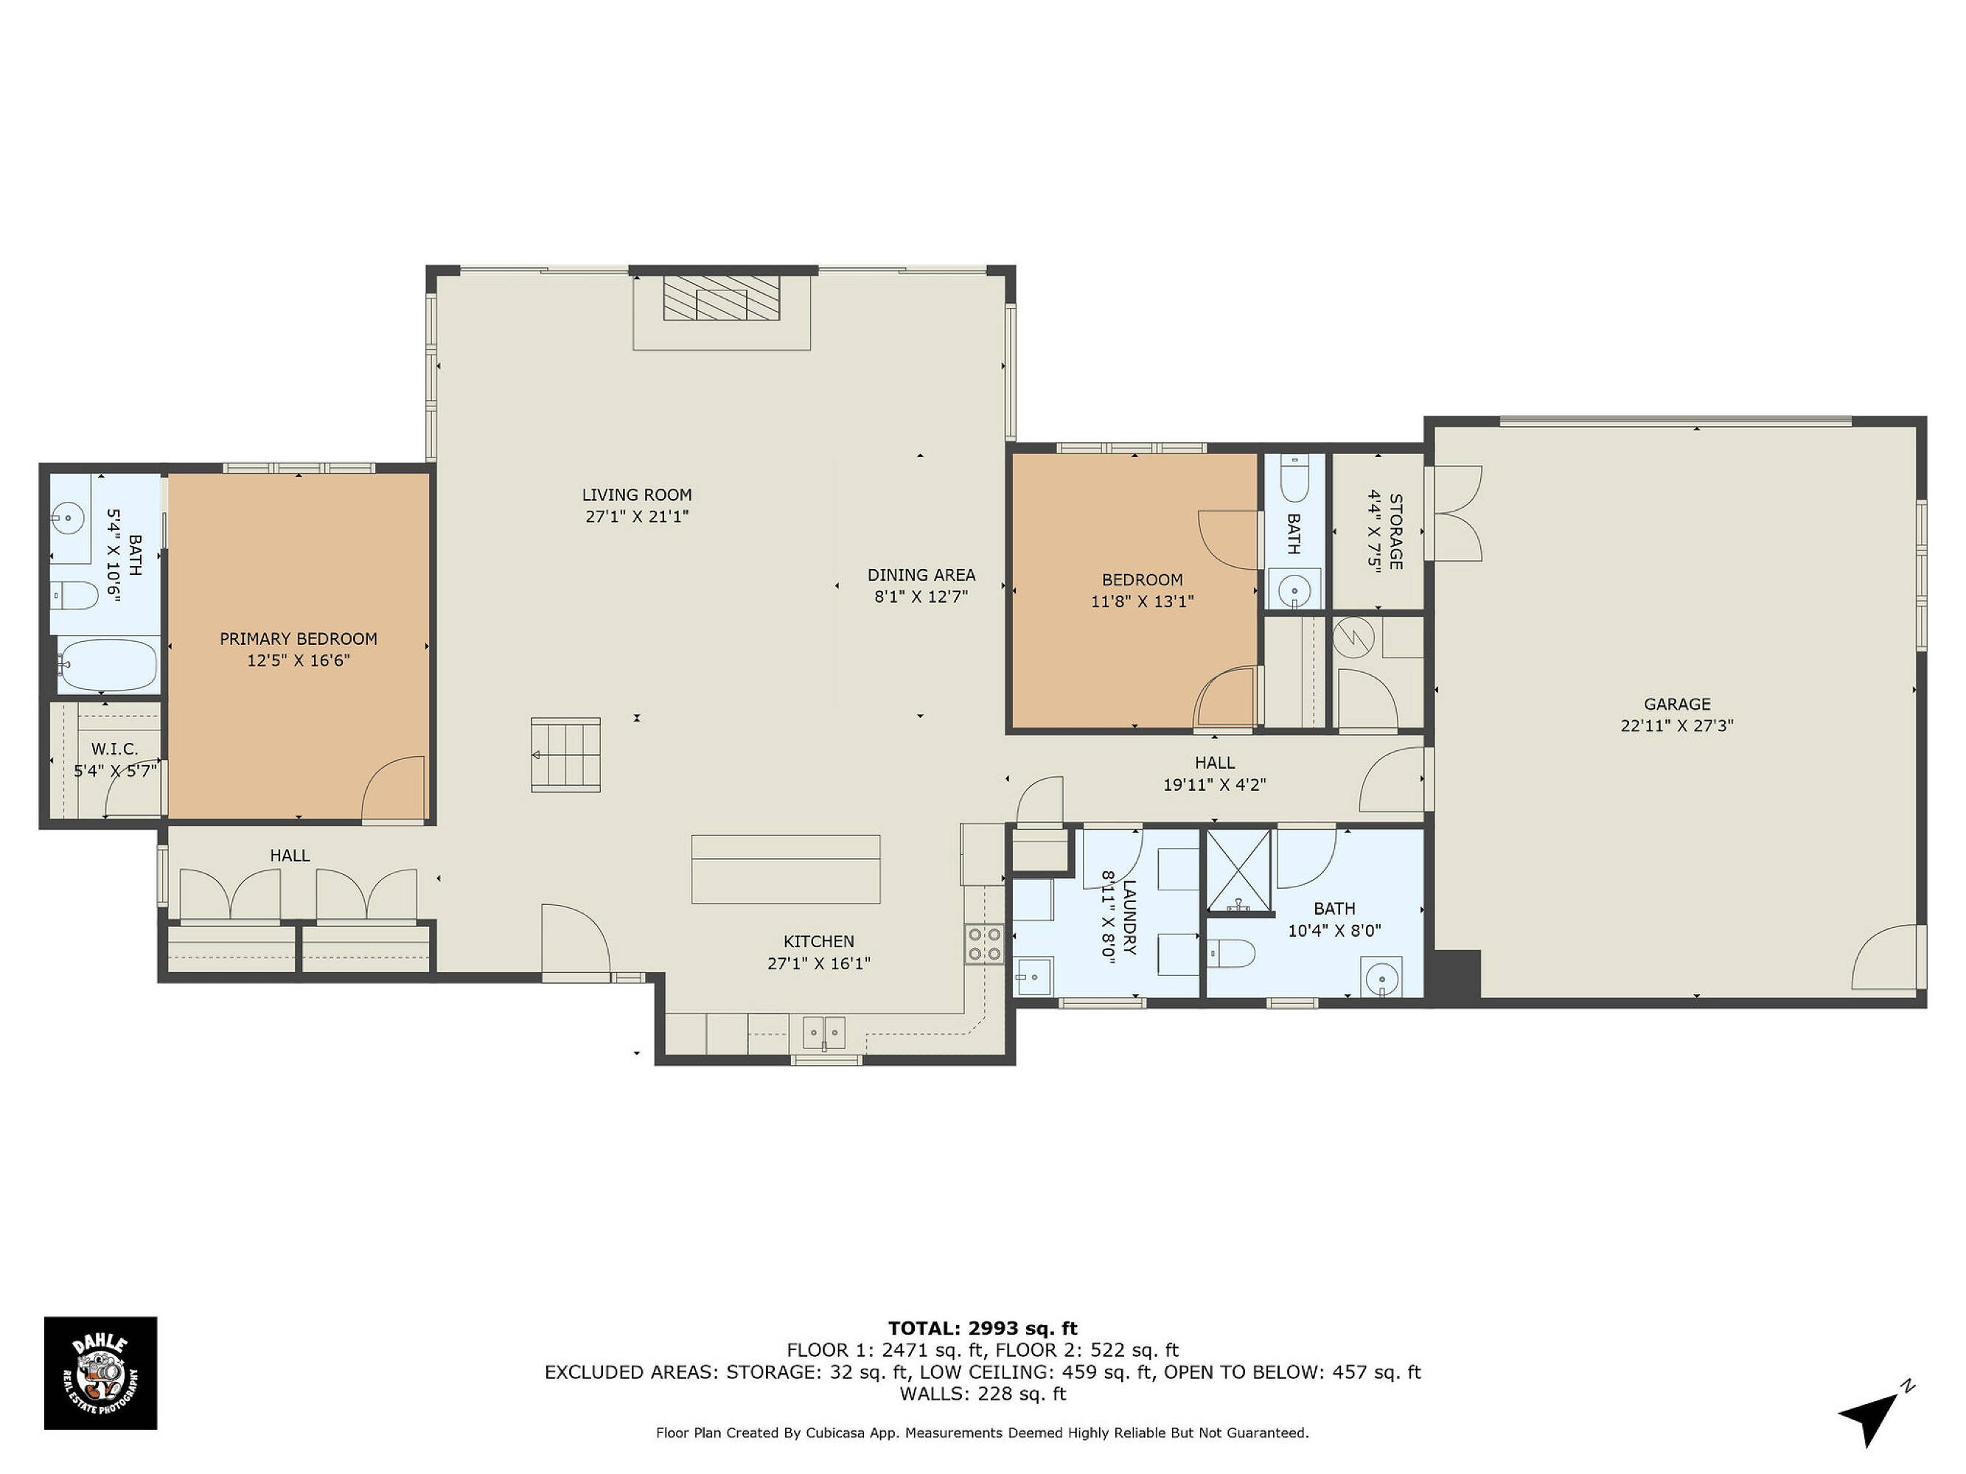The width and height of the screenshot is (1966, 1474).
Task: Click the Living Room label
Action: (x=636, y=495)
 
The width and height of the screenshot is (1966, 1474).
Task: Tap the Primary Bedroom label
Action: (x=299, y=639)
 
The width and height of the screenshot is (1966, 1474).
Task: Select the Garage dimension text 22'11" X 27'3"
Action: (x=1676, y=726)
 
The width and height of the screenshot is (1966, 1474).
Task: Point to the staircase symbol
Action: (x=565, y=755)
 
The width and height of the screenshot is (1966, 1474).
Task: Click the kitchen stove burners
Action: (x=985, y=943)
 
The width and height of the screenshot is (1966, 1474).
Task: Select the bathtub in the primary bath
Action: (x=108, y=665)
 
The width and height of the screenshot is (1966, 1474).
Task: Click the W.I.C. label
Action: (x=115, y=750)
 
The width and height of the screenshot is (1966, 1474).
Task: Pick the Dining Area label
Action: (x=921, y=575)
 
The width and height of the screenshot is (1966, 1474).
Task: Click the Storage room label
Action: (x=1395, y=531)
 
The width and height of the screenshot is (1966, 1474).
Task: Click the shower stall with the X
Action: (x=1238, y=870)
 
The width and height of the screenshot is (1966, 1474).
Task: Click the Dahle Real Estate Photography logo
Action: (x=100, y=1373)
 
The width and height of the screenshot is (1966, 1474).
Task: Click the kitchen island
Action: (x=786, y=869)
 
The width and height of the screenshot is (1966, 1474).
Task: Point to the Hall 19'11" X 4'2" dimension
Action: (x=1214, y=784)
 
